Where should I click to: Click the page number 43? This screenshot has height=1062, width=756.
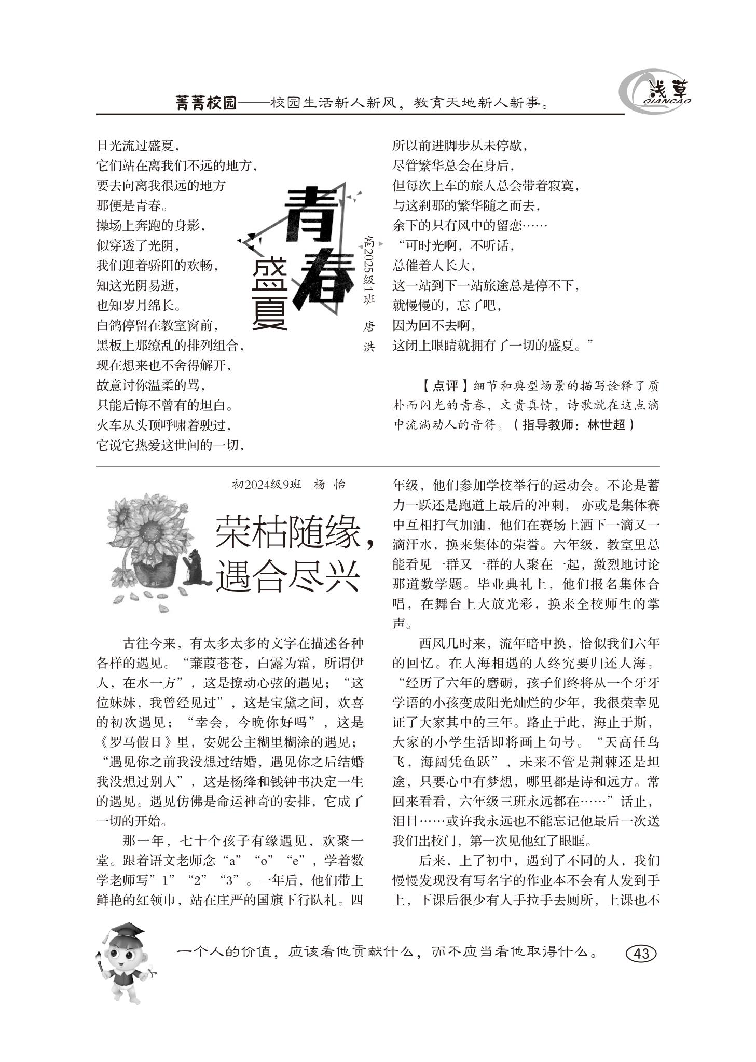pyautogui.click(x=641, y=954)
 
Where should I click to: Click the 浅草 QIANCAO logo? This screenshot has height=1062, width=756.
pyautogui.click(x=656, y=93)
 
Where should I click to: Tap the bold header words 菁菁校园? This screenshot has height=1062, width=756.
pyautogui.click(x=206, y=103)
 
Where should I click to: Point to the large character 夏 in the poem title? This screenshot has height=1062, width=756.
pyautogui.click(x=270, y=310)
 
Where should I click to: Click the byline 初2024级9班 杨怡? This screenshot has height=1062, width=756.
pyautogui.click(x=288, y=485)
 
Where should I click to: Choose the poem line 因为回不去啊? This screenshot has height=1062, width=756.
pyautogui.click(x=434, y=325)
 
